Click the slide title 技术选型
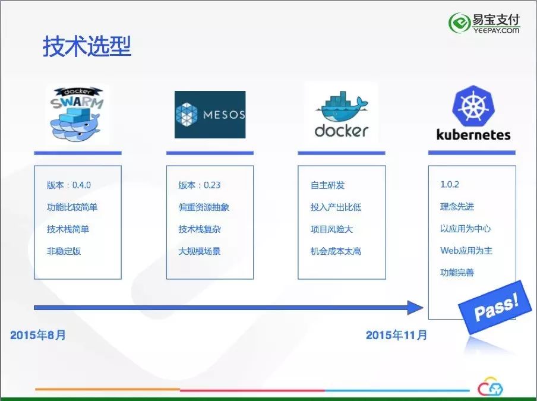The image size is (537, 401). click(x=87, y=46)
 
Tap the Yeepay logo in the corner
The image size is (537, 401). click(x=484, y=23)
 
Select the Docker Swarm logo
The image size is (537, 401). click(x=77, y=114)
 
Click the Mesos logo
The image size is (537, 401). click(x=210, y=115)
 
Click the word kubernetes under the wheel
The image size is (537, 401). click(x=473, y=135)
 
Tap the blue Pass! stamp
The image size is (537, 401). click(x=496, y=307)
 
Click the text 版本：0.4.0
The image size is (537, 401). click(x=69, y=185)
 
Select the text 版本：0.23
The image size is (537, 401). click(x=200, y=185)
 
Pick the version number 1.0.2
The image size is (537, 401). click(x=449, y=185)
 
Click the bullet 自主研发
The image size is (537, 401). click(x=327, y=185)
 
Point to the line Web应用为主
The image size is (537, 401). click(x=466, y=251)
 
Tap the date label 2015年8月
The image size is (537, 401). click(x=37, y=335)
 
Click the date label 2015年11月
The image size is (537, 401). click(x=396, y=335)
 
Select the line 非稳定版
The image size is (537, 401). click(x=64, y=251)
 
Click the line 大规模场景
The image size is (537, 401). click(x=200, y=251)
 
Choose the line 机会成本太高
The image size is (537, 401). click(x=336, y=251)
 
